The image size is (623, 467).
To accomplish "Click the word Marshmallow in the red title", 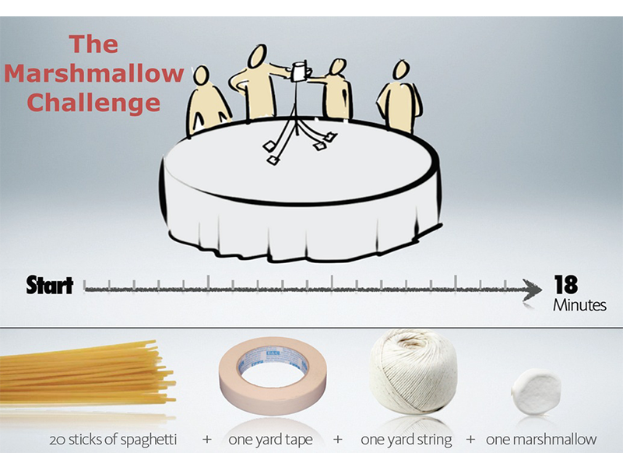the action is (94, 73).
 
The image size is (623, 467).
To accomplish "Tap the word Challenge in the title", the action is (93, 103).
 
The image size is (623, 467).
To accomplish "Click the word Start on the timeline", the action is (50, 286).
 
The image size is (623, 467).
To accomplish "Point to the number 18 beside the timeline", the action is (566, 284).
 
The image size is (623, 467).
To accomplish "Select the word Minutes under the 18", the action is (579, 305).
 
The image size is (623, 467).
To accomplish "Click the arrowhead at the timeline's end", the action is (533, 289).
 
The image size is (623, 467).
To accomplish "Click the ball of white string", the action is (414, 372).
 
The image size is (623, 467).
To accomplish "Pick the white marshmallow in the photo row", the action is (537, 392).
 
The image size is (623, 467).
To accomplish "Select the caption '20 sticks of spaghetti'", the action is (113, 440).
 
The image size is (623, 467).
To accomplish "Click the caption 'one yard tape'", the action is (270, 440).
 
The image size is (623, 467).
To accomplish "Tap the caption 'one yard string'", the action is (406, 440).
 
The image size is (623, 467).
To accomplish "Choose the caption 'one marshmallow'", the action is (541, 439).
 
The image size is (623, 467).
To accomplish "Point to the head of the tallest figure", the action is (258, 55).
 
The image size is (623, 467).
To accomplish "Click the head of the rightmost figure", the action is (401, 70).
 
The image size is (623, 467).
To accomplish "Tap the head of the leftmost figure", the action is (201, 75).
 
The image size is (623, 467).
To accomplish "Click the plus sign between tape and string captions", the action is (338, 439).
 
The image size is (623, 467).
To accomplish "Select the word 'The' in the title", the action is (93, 44).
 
